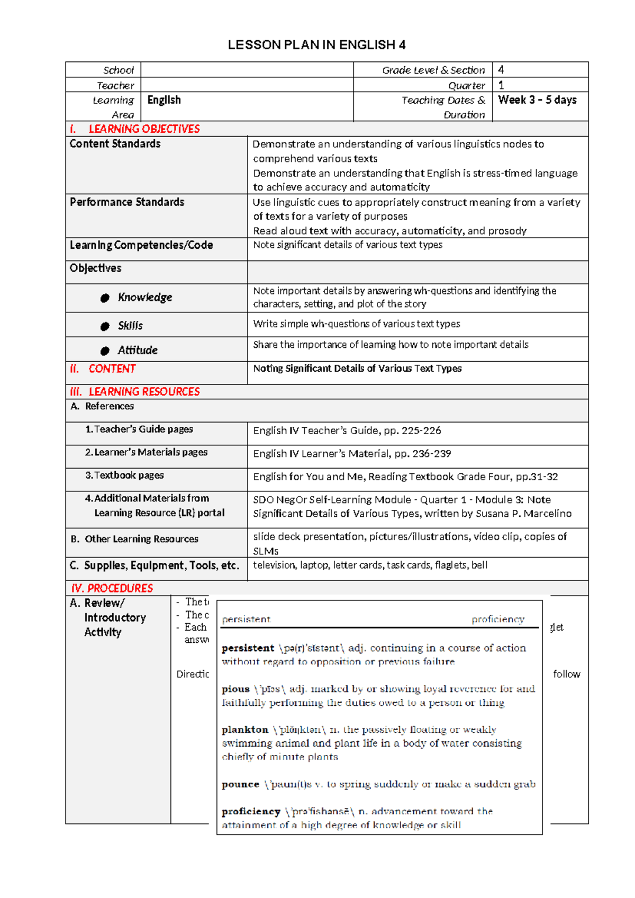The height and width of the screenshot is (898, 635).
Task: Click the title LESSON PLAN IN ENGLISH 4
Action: tap(316, 45)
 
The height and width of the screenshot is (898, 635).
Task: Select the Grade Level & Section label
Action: tap(433, 70)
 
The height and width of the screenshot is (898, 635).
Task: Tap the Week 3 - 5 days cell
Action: tap(537, 100)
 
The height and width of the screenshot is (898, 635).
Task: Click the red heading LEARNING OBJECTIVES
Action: tap(144, 129)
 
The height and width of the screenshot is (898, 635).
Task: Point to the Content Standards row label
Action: tap(115, 144)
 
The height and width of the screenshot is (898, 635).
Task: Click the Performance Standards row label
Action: tap(127, 202)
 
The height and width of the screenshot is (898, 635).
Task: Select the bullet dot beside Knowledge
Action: tap(105, 298)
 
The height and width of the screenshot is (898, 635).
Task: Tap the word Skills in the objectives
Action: tap(130, 326)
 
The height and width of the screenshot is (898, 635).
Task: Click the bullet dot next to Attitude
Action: tap(105, 351)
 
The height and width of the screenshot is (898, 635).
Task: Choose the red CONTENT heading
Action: tap(112, 369)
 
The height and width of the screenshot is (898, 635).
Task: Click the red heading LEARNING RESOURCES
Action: tap(144, 392)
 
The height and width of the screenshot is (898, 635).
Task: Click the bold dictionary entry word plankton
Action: tap(244, 730)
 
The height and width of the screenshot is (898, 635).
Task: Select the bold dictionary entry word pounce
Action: tap(240, 784)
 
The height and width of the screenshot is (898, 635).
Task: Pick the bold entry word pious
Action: tap(235, 689)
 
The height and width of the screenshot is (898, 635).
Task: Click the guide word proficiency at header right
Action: tap(497, 619)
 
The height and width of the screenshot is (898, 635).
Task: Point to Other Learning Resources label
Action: tap(141, 539)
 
